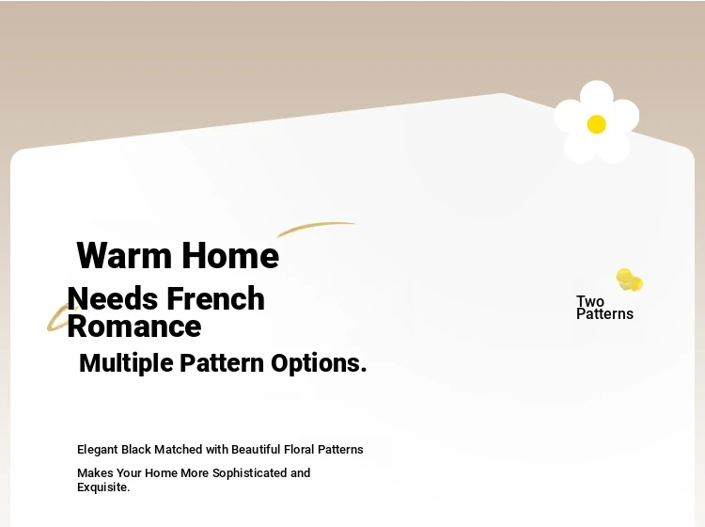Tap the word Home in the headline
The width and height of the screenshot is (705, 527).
click(x=230, y=255)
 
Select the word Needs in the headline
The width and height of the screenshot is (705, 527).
click(x=113, y=298)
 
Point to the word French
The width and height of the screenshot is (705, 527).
click(x=216, y=298)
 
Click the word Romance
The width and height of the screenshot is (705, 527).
click(x=134, y=327)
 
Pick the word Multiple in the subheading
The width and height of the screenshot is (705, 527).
click(x=126, y=363)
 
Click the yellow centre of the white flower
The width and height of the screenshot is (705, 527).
click(x=597, y=124)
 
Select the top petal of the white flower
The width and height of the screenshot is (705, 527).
click(x=597, y=95)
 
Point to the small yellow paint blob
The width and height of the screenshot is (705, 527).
click(x=629, y=279)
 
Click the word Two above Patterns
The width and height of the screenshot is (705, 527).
click(x=590, y=301)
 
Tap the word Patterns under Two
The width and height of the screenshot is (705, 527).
click(x=604, y=313)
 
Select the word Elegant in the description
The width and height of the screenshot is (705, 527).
click(x=98, y=450)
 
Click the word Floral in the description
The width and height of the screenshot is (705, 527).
click(x=299, y=450)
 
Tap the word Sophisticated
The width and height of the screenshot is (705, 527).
click(x=249, y=473)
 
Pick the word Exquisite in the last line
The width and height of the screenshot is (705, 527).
click(x=102, y=487)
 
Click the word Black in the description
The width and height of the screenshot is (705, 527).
click(x=136, y=450)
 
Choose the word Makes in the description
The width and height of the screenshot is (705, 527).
click(x=95, y=473)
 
